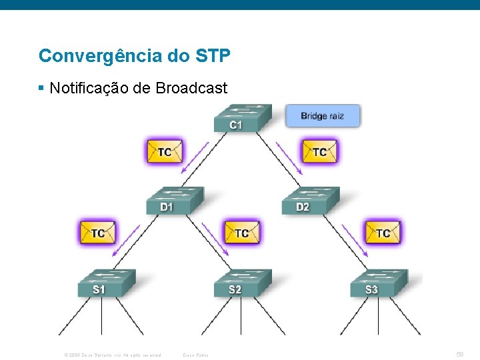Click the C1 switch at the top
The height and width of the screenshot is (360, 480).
point(242,118)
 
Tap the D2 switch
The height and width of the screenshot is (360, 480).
point(311,200)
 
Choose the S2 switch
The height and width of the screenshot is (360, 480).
point(242,283)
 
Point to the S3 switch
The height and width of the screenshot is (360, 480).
point(379,283)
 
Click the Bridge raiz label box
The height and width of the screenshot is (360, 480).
point(323,116)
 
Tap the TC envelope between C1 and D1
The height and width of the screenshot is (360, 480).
point(165,151)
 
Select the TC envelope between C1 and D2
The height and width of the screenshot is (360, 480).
point(320,151)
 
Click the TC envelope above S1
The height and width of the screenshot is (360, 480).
point(98,233)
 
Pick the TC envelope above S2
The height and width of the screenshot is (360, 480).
point(241,233)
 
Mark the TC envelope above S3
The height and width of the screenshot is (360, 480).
point(383,233)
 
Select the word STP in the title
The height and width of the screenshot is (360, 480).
point(213,55)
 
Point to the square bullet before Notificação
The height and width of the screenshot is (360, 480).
point(41,88)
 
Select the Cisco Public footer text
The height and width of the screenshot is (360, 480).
point(195,355)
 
